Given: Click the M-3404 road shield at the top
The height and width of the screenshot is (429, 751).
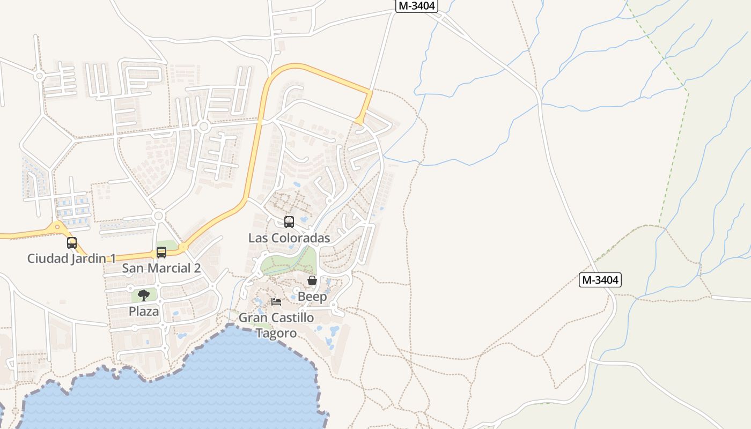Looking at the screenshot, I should click(417, 6).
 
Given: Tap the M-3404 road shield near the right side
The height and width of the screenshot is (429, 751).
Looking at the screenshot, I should click(600, 279).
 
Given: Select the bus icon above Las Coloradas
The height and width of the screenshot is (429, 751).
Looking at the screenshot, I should click(289, 221).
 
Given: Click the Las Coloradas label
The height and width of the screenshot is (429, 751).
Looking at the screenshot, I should click(289, 238).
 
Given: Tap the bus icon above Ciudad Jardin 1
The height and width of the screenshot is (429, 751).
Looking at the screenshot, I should click(72, 242).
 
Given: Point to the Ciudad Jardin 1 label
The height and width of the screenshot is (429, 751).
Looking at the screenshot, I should click(71, 258).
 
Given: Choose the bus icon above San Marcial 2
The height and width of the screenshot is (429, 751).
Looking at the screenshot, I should click(161, 252).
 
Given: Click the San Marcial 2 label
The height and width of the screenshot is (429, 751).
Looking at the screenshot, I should click(161, 268).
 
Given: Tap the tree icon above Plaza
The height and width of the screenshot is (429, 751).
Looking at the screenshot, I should click(144, 295).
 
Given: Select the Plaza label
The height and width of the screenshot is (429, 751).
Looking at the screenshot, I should click(144, 311).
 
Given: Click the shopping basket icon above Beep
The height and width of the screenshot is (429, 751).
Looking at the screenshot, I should click(312, 280).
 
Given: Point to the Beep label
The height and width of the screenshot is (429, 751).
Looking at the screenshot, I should click(312, 297).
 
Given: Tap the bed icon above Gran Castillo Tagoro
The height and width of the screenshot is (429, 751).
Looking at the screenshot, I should click(276, 301).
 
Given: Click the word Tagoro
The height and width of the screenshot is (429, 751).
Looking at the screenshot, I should click(276, 333).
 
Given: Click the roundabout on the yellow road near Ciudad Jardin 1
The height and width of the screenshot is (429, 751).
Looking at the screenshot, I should click(57, 227).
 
